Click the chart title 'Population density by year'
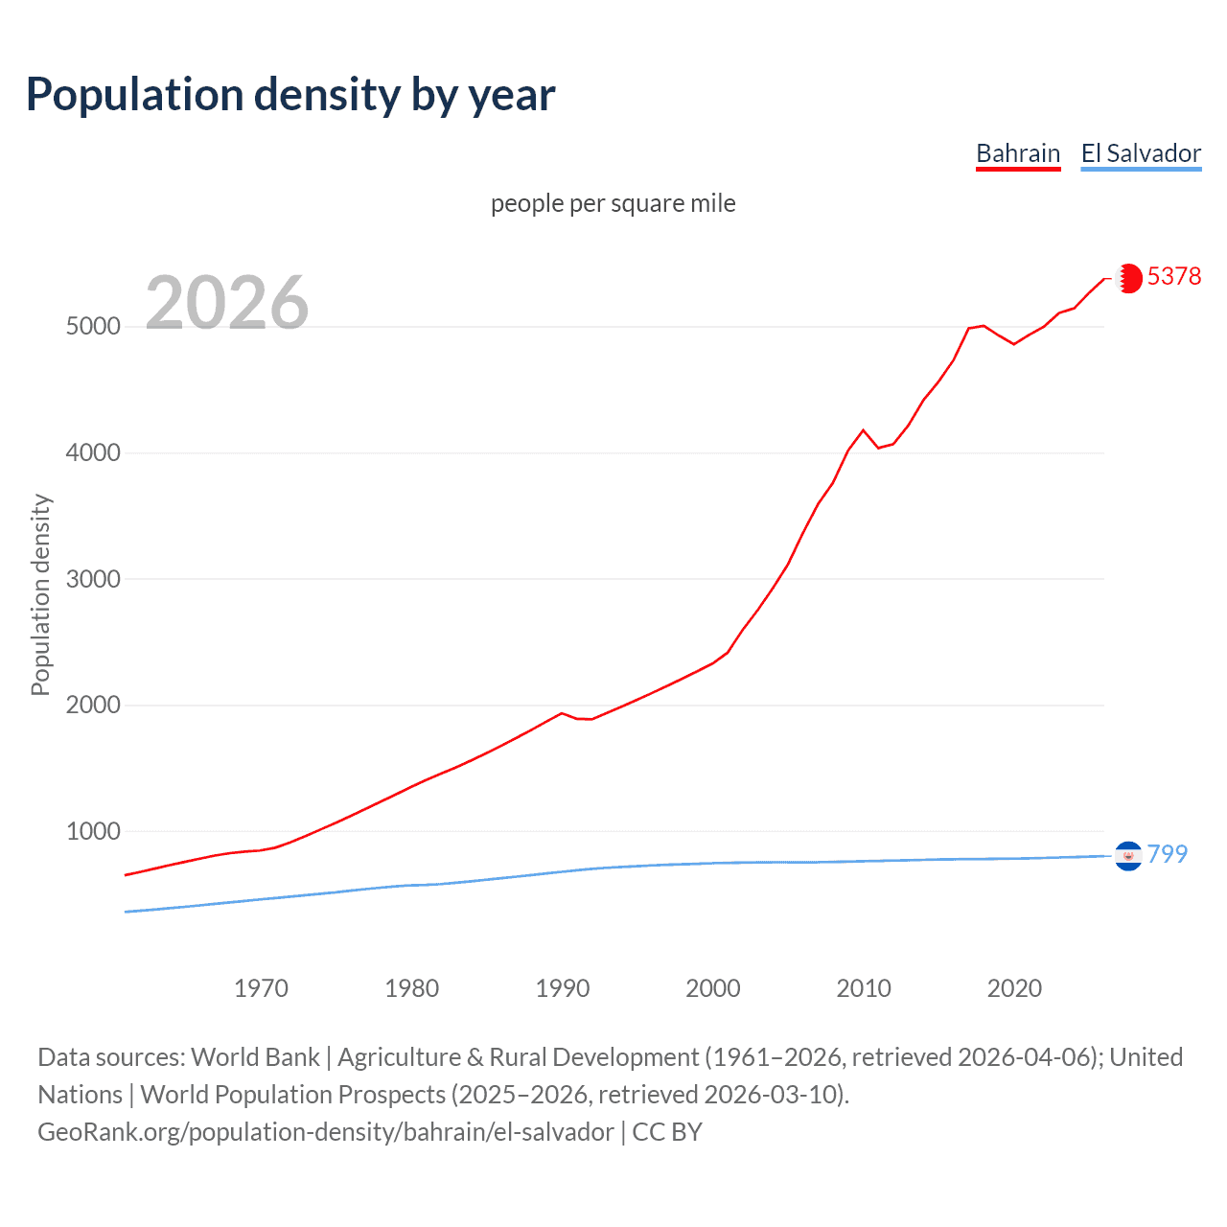(x=290, y=95)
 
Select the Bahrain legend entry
(x=1018, y=153)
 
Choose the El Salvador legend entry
(x=1141, y=153)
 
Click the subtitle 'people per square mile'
(x=613, y=203)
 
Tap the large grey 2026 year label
(x=227, y=303)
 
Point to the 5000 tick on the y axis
(x=93, y=327)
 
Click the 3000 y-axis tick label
(x=93, y=579)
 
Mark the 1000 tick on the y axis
(x=93, y=831)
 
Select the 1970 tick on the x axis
(x=261, y=988)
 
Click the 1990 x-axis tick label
(x=563, y=988)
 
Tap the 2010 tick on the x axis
(x=864, y=988)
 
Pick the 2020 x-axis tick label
(x=1014, y=988)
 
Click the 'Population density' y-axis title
(x=40, y=594)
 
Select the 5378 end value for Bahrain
(x=1173, y=276)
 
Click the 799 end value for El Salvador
(x=1167, y=854)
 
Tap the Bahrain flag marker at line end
(x=1129, y=278)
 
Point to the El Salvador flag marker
(x=1128, y=855)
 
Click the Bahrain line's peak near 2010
(x=863, y=430)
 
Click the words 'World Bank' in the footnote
(x=255, y=1057)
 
